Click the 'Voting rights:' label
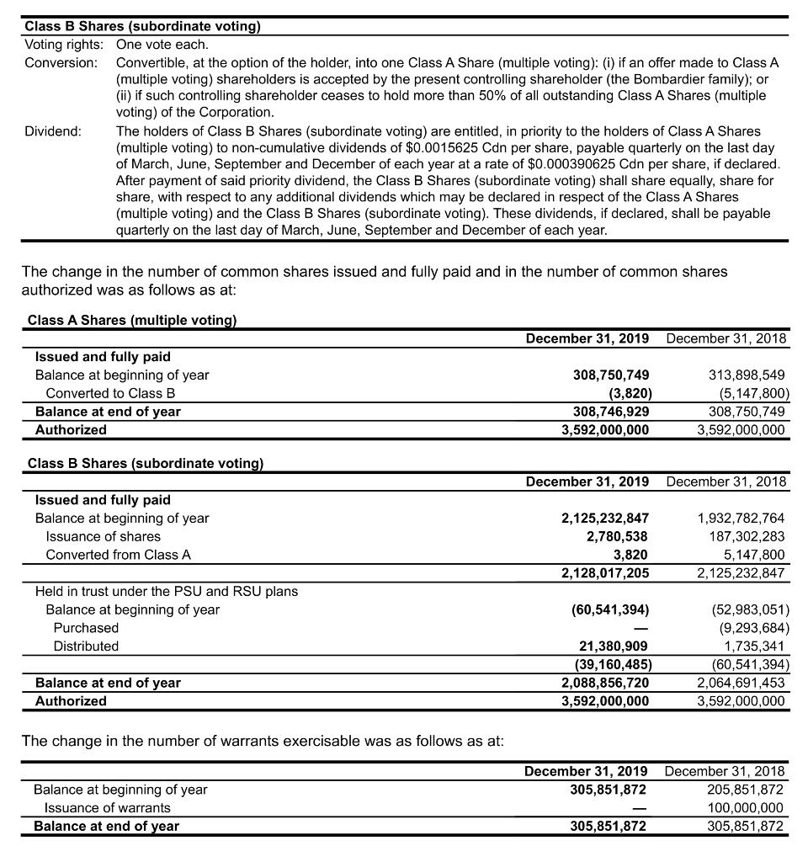tap(64, 45)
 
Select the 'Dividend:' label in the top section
tap(53, 130)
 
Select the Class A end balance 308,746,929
tap(606, 412)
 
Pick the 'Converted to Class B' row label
tap(110, 393)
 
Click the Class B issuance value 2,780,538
tap(617, 536)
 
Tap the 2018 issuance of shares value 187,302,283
tap(742, 536)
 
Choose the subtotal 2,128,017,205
tap(605, 573)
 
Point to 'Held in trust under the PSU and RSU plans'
tap(166, 591)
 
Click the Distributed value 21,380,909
tap(613, 646)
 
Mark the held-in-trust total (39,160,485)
tap(609, 664)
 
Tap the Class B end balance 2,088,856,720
tap(605, 683)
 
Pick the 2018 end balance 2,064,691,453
tap(742, 683)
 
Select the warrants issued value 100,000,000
tap(746, 808)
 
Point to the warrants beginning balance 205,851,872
tap(746, 790)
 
